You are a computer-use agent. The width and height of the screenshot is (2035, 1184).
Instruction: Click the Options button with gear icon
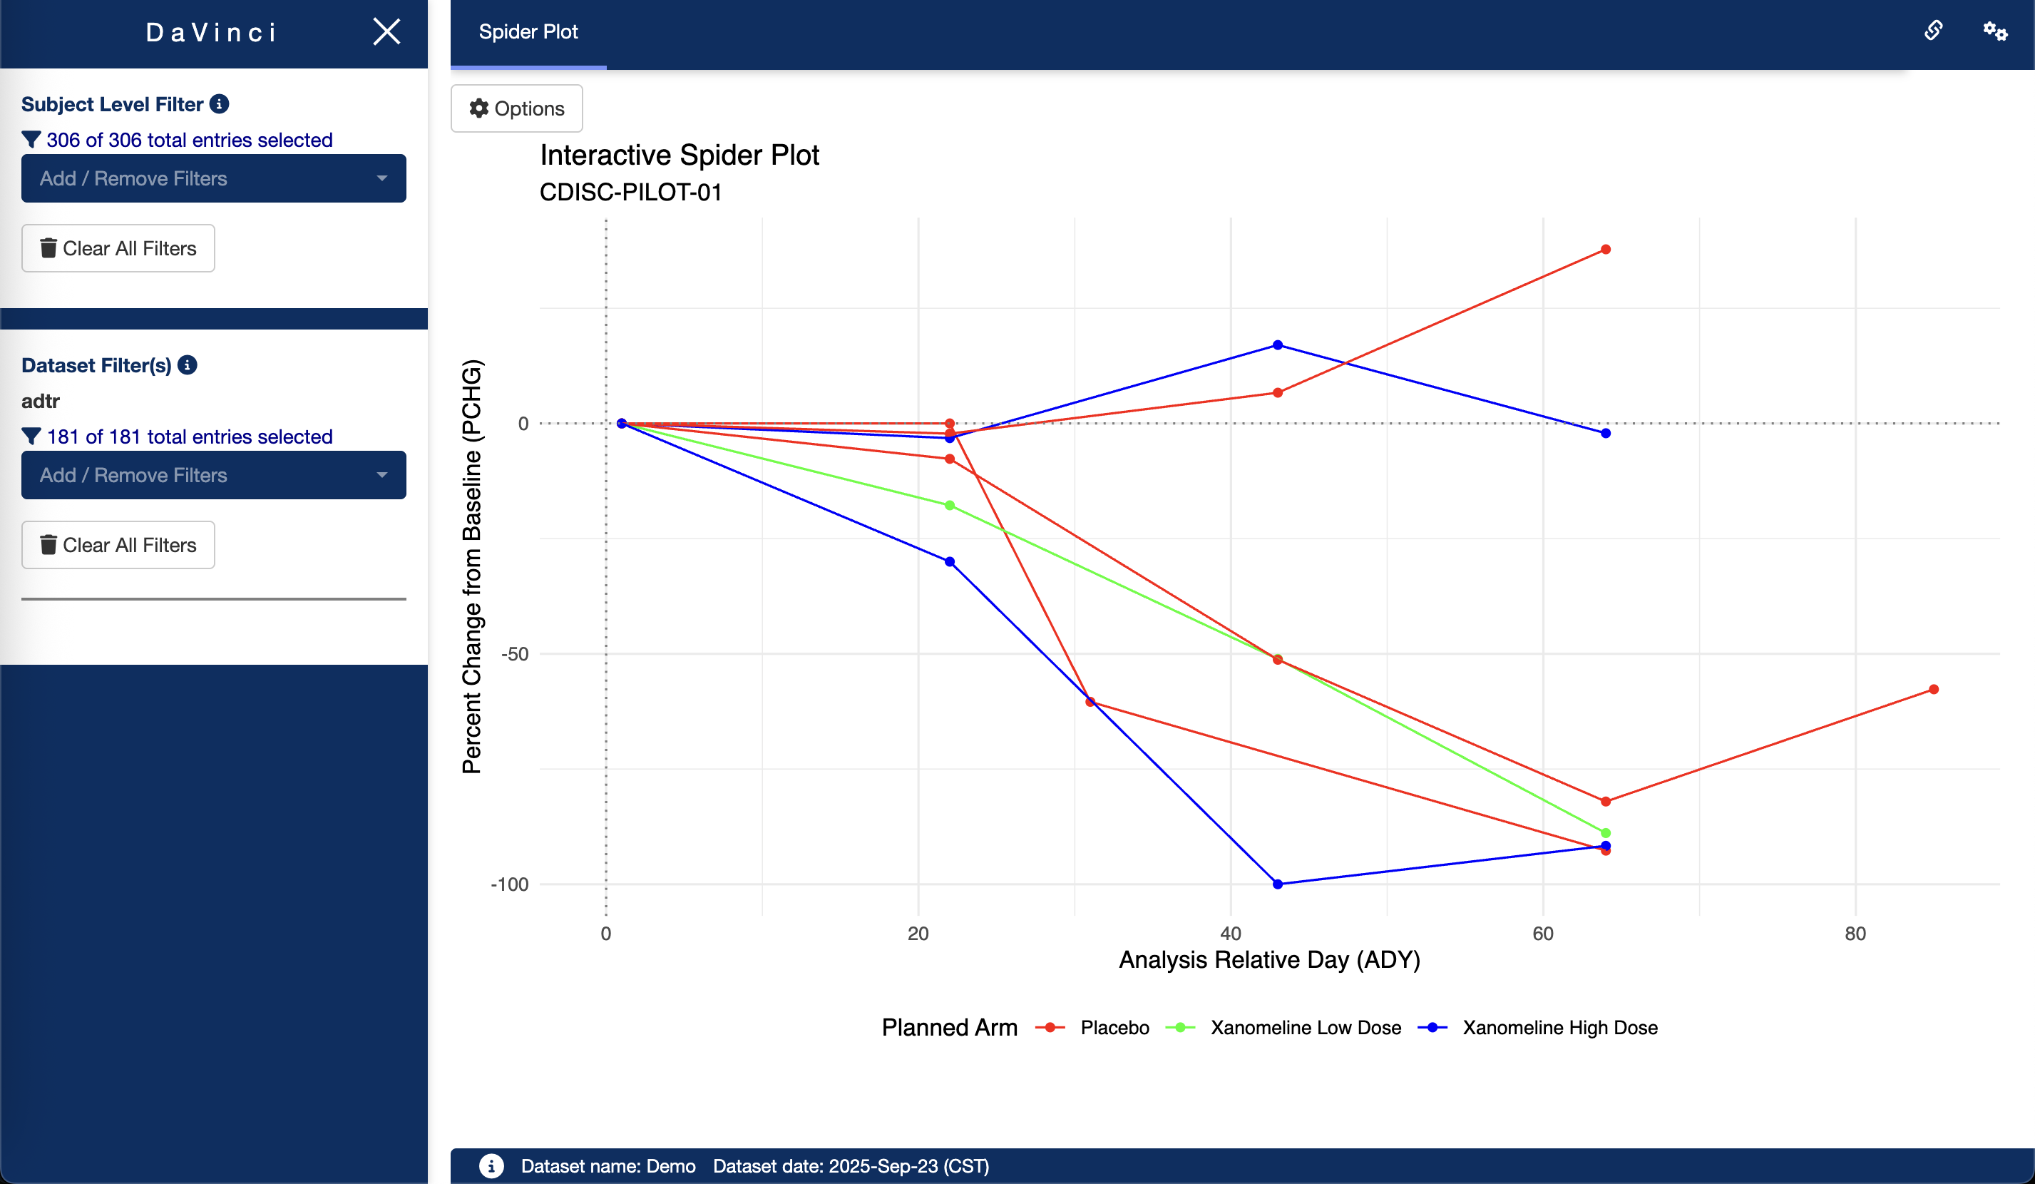517,108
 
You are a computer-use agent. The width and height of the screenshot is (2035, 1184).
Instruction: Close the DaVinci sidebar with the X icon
386,31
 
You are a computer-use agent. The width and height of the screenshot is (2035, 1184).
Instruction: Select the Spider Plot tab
528,32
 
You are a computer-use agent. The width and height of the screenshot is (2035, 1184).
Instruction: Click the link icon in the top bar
1933,31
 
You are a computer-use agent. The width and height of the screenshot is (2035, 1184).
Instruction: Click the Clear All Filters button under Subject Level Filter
118,248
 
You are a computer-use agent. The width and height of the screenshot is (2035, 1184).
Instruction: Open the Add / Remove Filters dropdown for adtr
213,475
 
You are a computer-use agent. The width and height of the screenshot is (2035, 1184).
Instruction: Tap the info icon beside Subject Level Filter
219,104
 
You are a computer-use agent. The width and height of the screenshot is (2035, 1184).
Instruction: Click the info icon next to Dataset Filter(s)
188,365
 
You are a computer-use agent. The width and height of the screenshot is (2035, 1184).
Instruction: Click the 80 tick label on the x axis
1855,934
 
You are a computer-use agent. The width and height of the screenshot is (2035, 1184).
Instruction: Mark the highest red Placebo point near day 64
1605,250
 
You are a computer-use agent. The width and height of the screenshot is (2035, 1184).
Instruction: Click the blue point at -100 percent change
1278,884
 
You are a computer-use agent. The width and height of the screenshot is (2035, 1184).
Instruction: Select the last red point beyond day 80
1933,690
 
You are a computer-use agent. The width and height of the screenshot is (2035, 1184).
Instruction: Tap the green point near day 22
950,506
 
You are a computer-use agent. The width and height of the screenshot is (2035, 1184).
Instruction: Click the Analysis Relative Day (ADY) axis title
1268,959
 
